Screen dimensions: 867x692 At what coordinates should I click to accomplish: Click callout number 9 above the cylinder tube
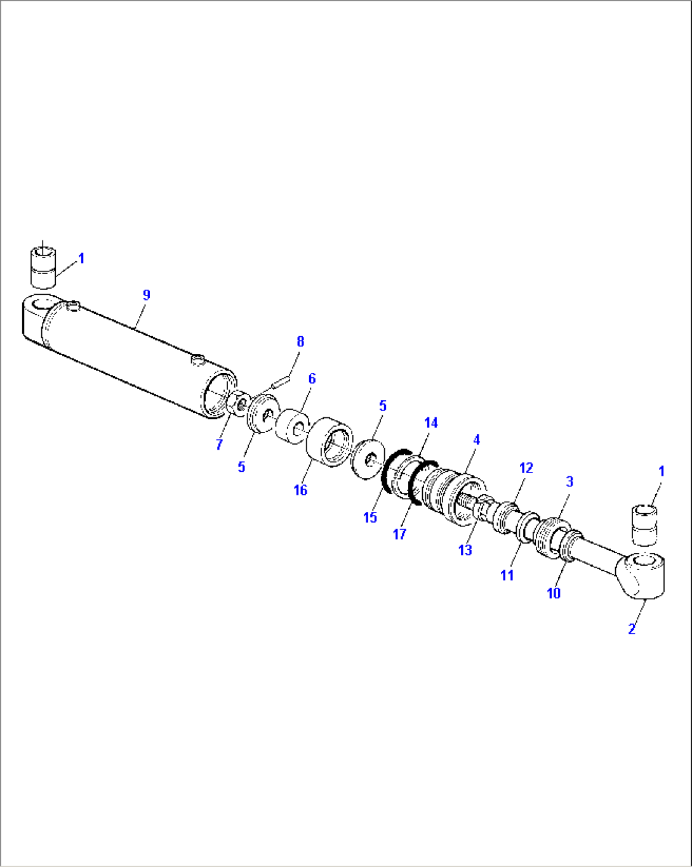tap(147, 295)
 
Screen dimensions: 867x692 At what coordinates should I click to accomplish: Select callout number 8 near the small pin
tap(300, 342)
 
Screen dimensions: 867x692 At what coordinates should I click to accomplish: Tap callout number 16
tap(300, 490)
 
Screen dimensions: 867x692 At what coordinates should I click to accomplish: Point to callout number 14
tap(431, 423)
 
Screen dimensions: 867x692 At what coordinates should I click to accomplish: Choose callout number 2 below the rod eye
tap(632, 629)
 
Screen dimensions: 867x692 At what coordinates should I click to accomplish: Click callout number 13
tap(465, 550)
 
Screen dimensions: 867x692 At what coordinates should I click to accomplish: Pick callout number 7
tap(220, 445)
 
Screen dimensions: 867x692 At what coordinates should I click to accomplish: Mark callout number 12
tap(526, 468)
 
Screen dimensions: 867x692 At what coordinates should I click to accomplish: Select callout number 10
tap(554, 593)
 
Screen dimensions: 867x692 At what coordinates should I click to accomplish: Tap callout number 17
tap(399, 534)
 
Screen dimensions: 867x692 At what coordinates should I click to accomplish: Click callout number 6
tap(312, 379)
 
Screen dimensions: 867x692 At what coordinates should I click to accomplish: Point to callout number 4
tap(476, 440)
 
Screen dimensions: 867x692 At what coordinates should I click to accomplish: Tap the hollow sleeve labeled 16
tap(329, 442)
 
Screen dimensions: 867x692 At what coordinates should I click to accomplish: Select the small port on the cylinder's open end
tap(197, 360)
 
